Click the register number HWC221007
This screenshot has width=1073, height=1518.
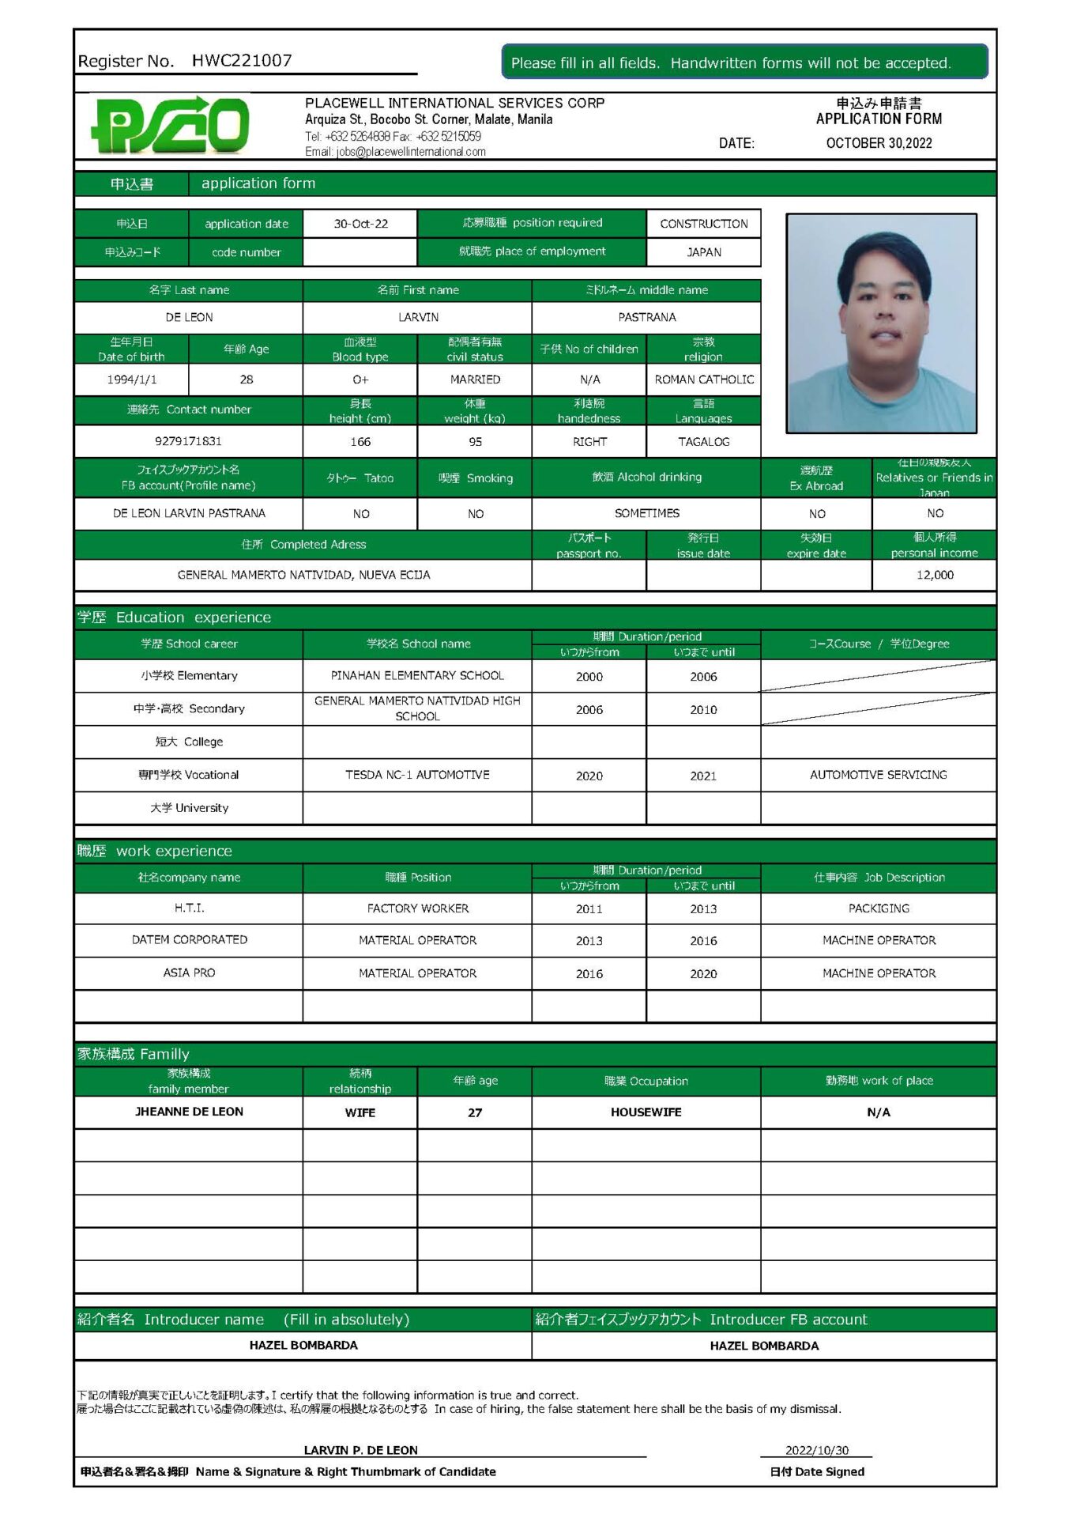[x=242, y=61]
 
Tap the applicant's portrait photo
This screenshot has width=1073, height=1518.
[x=881, y=323]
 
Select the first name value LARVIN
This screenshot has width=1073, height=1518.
[x=418, y=317]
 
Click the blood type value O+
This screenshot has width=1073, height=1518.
[x=360, y=379]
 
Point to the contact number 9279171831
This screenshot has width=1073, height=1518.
[x=188, y=441]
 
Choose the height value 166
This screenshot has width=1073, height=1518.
[x=360, y=442]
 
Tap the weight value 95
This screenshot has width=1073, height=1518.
[x=475, y=442]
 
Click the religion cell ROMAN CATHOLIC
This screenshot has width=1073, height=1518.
[x=703, y=379]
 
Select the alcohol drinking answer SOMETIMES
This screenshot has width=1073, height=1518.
[x=646, y=513]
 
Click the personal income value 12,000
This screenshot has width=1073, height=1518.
[x=935, y=575]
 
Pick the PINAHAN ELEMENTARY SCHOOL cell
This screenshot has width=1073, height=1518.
[x=417, y=676]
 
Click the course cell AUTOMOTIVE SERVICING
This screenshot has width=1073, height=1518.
[x=878, y=775]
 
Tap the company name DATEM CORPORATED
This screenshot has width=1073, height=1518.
[x=189, y=940]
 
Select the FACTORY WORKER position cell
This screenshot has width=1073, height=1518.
[x=417, y=908]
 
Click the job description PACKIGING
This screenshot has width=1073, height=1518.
[x=879, y=908]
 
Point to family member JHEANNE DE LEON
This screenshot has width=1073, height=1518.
[x=189, y=1112]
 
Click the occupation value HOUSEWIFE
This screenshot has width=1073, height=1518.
[x=646, y=1112]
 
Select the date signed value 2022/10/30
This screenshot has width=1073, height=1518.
[x=816, y=1450]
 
